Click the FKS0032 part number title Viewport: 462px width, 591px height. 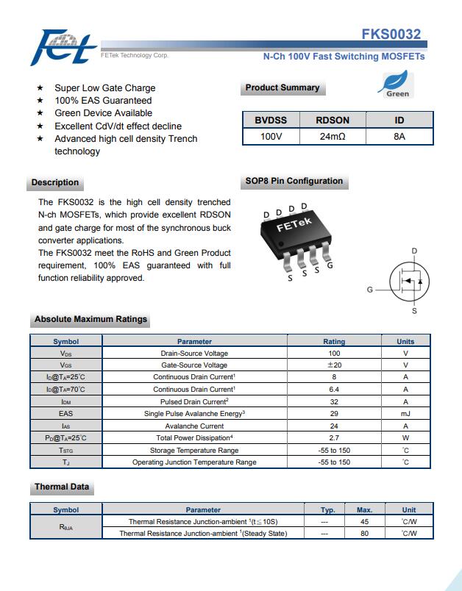click(x=391, y=35)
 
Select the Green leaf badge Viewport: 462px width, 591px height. click(x=397, y=84)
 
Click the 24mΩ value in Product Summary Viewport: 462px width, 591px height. click(x=333, y=137)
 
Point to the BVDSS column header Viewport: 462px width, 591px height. click(x=271, y=120)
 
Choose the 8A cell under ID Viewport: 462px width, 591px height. click(x=399, y=137)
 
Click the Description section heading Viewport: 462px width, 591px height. click(x=55, y=182)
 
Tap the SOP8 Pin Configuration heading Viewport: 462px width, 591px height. click(x=294, y=181)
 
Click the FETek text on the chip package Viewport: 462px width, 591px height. click(x=294, y=225)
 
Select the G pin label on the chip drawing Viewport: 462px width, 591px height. click(x=330, y=265)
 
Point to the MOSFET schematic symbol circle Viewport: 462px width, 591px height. click(x=408, y=282)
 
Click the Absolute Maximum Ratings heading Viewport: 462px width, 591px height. click(x=90, y=320)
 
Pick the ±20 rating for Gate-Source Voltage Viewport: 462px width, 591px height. click(x=334, y=365)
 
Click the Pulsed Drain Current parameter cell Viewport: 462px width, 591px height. click(x=194, y=401)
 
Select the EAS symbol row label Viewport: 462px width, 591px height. click(x=65, y=414)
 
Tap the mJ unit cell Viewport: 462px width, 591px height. click(x=405, y=414)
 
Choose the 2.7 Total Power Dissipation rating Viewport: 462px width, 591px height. click(x=334, y=438)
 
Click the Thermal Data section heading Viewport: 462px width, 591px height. click(x=62, y=487)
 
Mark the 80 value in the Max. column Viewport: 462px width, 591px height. click(x=364, y=534)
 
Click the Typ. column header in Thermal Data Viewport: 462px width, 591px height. click(x=327, y=509)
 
